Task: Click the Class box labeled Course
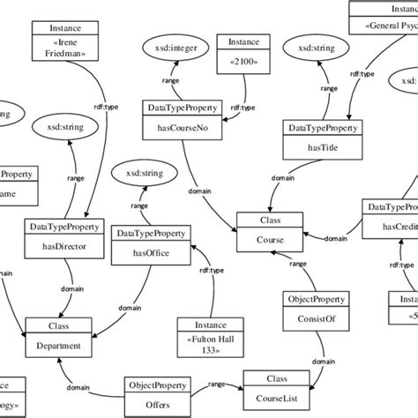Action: (x=269, y=228)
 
